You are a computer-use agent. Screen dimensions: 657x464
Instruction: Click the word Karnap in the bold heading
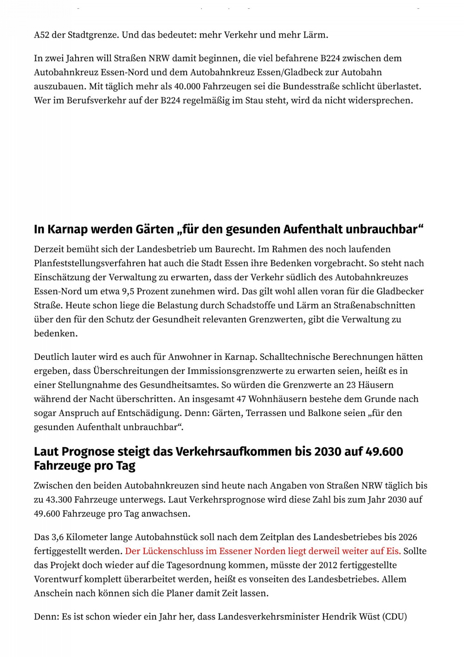(67, 229)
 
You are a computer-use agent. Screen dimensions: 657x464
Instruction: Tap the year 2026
(408, 537)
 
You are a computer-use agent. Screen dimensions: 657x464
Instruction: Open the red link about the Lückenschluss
(263, 551)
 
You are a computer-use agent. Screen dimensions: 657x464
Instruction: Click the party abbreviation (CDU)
(394, 617)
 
